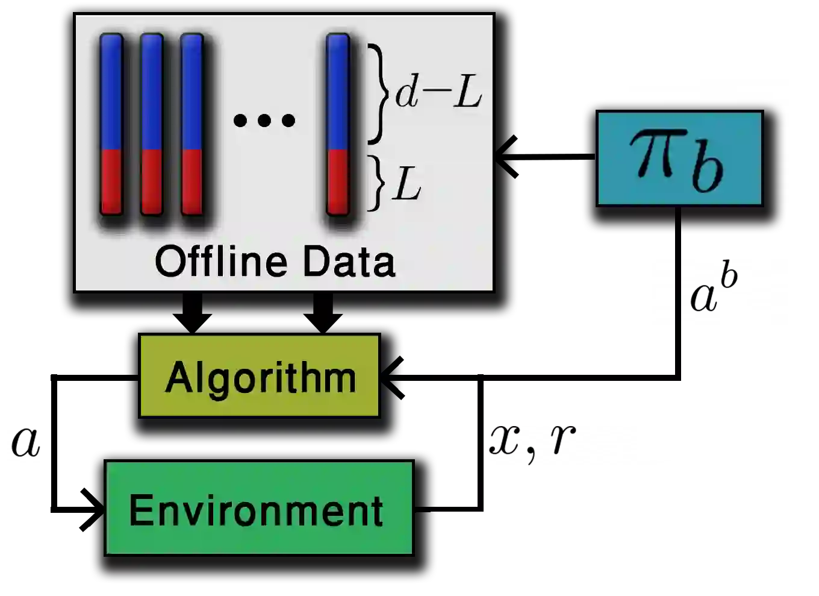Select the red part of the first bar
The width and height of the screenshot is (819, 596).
point(111,181)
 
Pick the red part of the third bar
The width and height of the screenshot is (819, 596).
point(192,181)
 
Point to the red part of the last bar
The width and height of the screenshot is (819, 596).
point(338,181)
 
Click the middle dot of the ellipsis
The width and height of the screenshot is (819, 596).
point(264,120)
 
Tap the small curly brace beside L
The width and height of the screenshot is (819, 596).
point(376,183)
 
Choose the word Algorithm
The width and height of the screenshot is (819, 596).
point(260,378)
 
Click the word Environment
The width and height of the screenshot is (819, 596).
point(257,510)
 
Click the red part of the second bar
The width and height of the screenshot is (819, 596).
point(152,181)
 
